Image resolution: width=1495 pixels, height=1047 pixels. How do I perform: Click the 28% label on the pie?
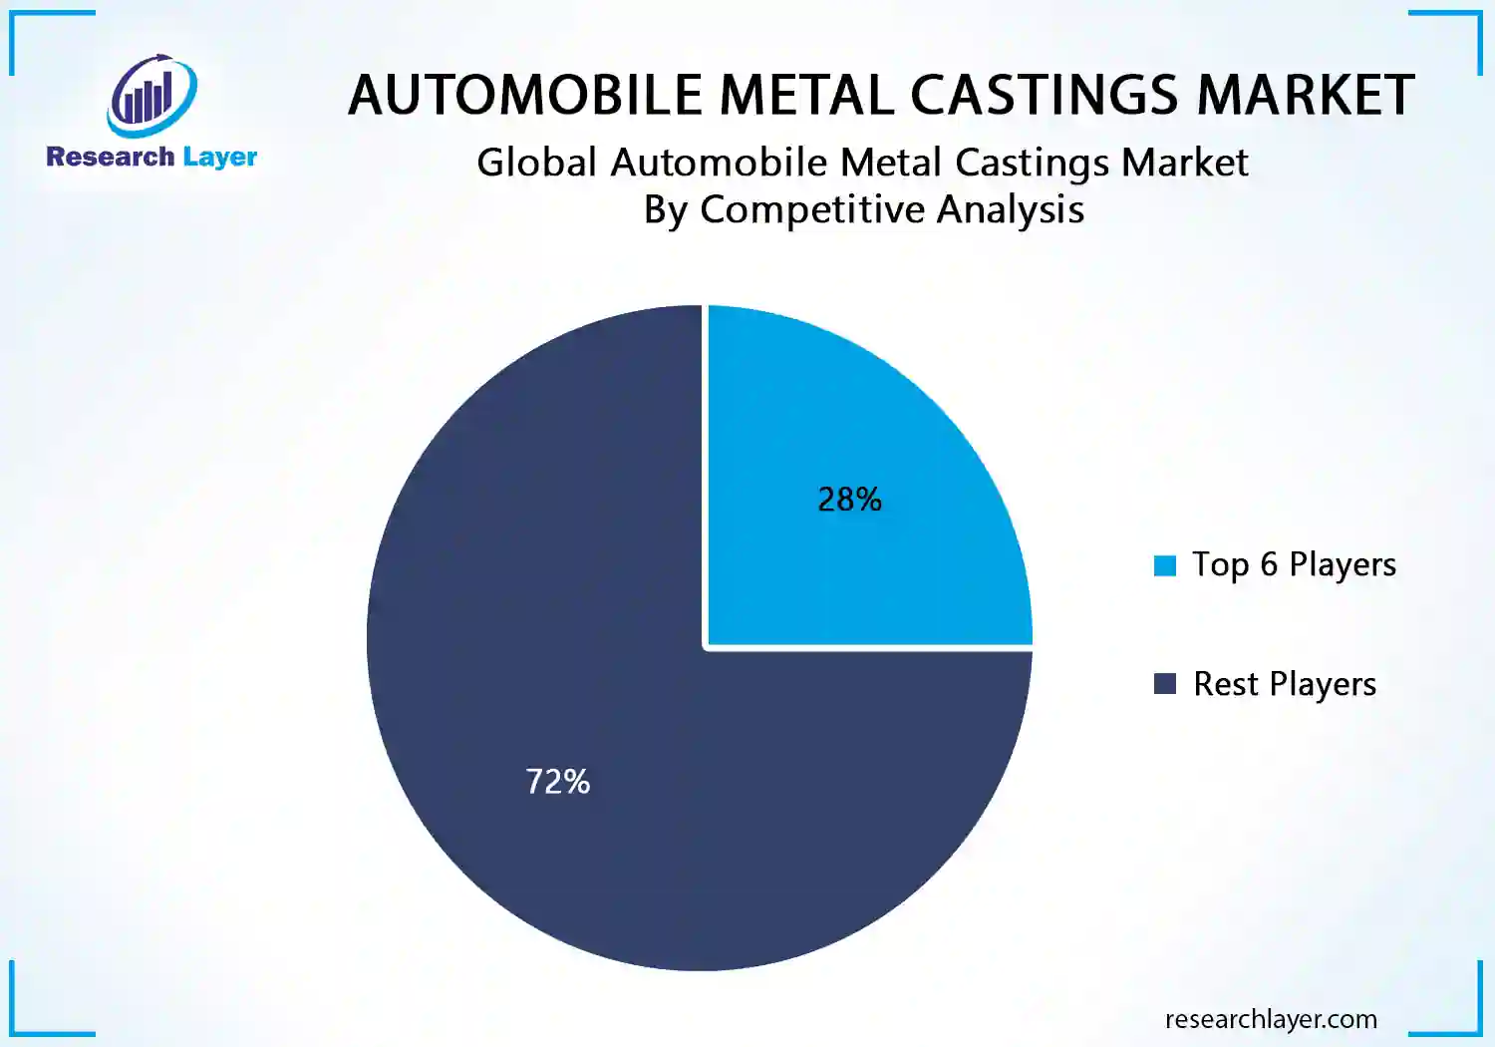pos(849,499)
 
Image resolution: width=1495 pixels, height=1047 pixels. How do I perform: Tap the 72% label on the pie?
pos(557,781)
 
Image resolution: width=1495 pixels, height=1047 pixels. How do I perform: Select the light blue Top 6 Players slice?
pos(897,419)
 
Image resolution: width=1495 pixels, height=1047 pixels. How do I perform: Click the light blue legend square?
pos(1164,565)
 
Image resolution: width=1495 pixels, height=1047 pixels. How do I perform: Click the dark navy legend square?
pos(1164,683)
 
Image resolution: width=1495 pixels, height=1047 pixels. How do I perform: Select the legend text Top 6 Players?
pos(1294,564)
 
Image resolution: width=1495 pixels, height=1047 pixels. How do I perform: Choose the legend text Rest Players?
pos(1284,684)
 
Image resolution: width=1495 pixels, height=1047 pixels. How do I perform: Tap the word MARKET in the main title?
pos(1305,96)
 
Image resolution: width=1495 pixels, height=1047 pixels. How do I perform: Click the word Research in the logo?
pos(110,157)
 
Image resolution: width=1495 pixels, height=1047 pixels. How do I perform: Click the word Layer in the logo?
pos(219,158)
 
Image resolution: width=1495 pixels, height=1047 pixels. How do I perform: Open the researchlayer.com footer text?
pos(1271,1019)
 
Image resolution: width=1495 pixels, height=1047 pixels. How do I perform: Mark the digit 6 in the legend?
pos(1268,564)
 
